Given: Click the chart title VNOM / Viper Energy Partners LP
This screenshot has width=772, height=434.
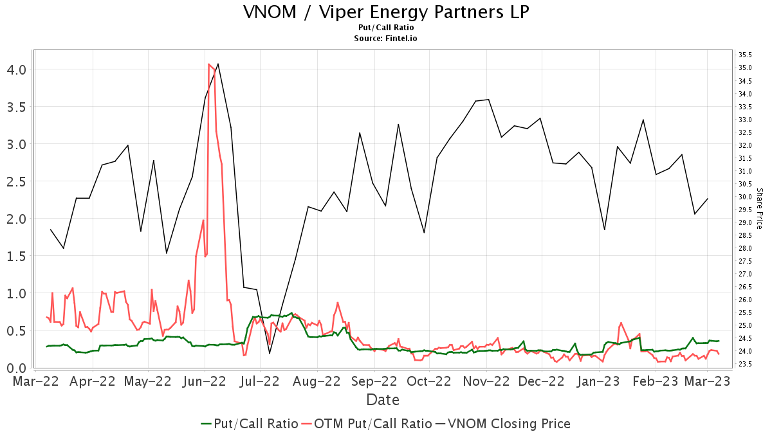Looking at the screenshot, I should [x=386, y=12].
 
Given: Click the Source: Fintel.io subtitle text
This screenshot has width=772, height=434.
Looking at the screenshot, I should [x=386, y=39].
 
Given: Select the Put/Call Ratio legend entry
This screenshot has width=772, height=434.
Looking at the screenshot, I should [x=250, y=424].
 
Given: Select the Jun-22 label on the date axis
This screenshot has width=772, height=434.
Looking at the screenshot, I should [x=204, y=381].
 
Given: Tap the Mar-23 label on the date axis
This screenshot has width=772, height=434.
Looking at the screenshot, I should [x=707, y=381].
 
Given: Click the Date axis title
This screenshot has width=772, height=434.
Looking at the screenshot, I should [x=383, y=400].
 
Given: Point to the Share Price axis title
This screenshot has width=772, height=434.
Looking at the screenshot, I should [x=759, y=208].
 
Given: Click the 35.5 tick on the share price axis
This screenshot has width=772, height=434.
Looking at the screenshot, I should [x=746, y=55].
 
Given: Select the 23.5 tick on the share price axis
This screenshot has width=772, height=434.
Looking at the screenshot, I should [x=746, y=364].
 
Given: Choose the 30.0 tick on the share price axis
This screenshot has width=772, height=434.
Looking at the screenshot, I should [x=746, y=197].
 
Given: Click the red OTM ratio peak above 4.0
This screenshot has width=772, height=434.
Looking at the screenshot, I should [x=209, y=64].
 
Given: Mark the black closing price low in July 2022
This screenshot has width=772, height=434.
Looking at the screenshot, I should [x=270, y=353].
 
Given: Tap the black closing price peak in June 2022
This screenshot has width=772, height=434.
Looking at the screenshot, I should [x=218, y=64].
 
